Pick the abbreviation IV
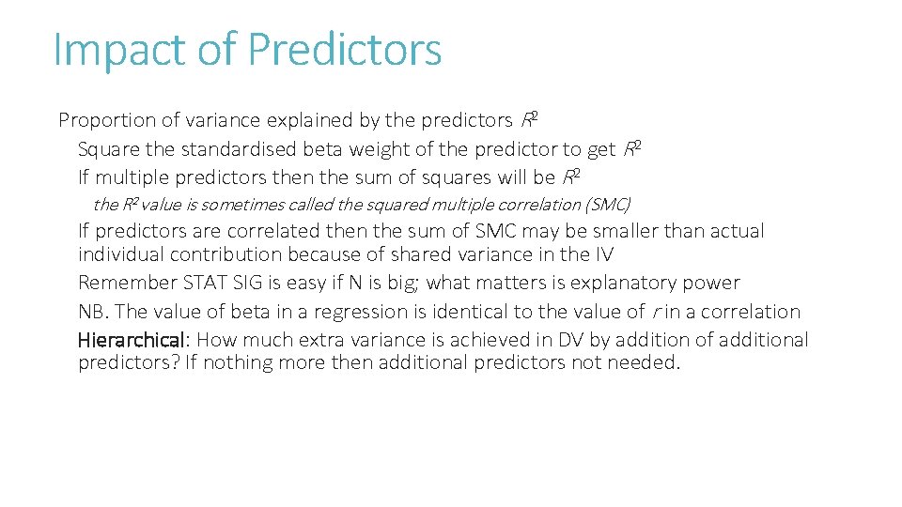click(604, 254)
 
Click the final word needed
click(646, 363)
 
